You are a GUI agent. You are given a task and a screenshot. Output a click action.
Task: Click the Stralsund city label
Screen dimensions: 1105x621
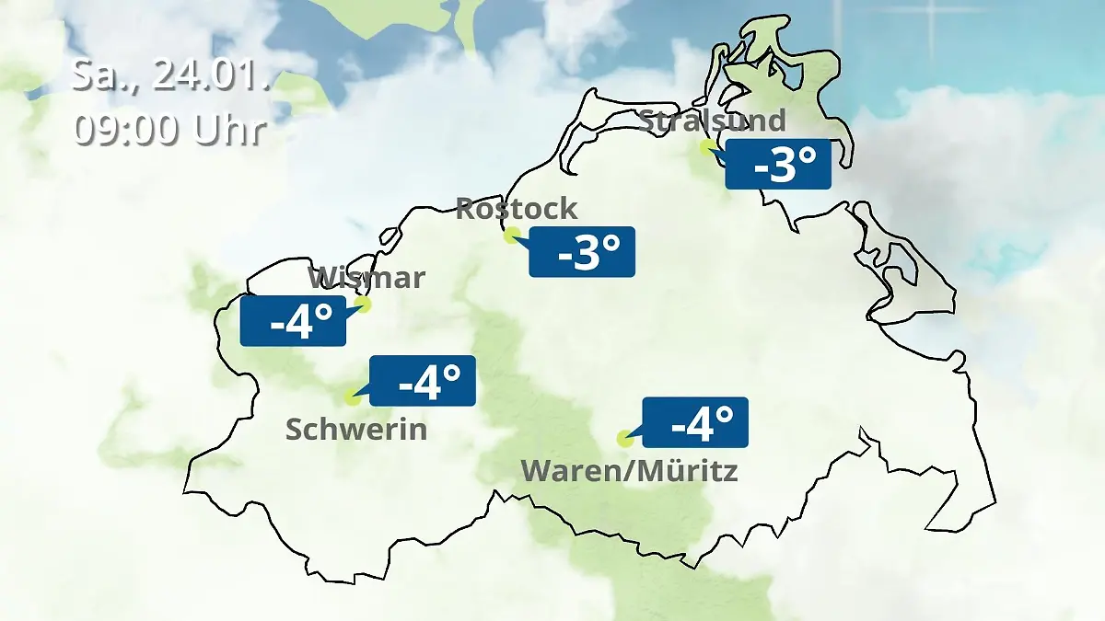point(712,121)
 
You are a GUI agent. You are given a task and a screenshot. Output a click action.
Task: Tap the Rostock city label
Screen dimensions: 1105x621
point(517,208)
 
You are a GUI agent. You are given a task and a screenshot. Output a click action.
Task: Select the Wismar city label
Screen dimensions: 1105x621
point(366,277)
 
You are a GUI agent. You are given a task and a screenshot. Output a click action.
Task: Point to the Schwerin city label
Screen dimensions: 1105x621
point(356,429)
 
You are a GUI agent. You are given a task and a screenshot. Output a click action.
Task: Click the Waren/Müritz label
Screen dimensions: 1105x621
point(630,471)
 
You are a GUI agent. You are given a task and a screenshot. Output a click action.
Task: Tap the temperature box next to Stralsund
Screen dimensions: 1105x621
point(778,165)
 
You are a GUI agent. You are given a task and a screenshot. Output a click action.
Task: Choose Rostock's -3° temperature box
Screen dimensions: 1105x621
point(582,251)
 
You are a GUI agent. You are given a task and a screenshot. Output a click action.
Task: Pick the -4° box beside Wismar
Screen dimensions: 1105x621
point(294,321)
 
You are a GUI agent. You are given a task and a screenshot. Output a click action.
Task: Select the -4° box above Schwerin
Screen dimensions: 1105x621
point(423,380)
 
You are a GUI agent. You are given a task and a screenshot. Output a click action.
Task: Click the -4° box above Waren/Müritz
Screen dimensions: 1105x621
point(695,422)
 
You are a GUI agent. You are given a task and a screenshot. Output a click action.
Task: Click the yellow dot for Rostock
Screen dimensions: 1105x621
point(512,235)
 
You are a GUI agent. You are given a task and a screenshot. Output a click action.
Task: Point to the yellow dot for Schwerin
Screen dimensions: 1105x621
point(351,397)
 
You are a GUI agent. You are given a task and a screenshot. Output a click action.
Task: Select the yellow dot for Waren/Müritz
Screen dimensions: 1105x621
point(624,438)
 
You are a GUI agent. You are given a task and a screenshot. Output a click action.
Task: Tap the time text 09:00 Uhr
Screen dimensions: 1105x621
point(170,130)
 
